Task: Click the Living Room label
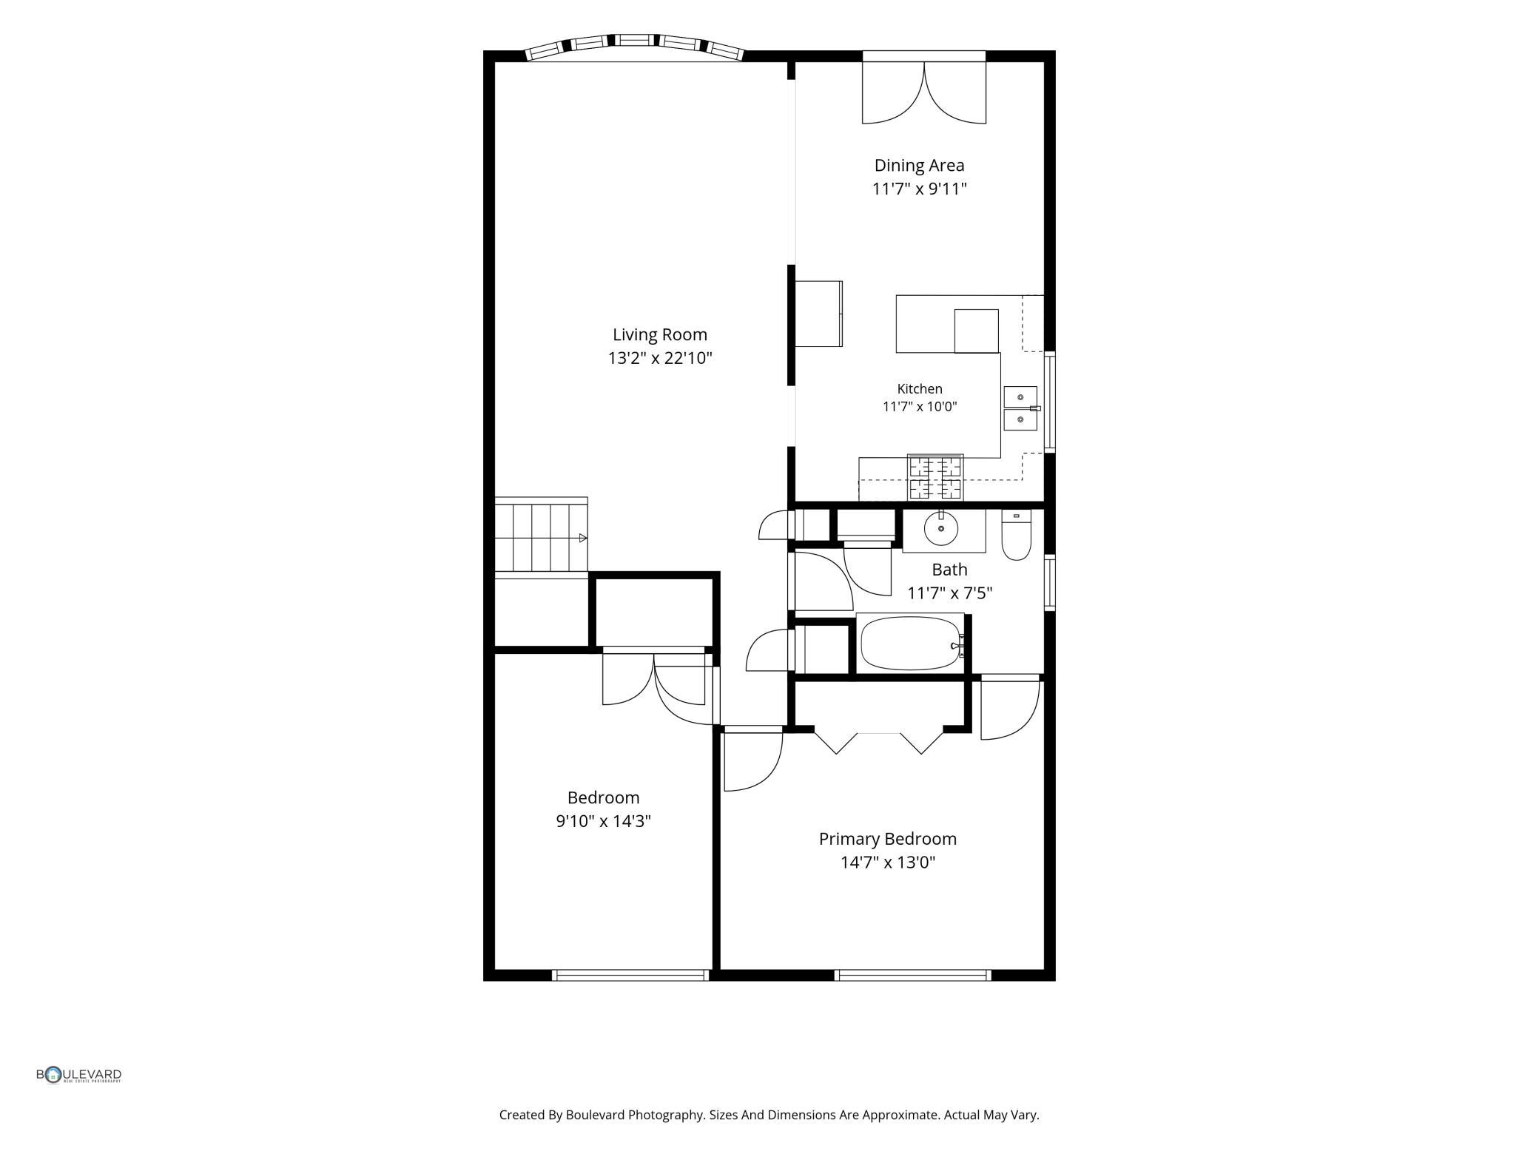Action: coord(659,335)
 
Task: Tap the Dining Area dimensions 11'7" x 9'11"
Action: coord(919,189)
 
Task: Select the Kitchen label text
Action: coord(920,389)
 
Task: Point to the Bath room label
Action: coord(949,570)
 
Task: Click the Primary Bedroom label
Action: coord(887,839)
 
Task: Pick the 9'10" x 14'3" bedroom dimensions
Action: coord(603,821)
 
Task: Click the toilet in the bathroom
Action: coord(1017,535)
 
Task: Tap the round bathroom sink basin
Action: coord(941,529)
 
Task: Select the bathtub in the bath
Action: coord(912,644)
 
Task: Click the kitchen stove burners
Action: coord(936,477)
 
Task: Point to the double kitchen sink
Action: coord(1021,408)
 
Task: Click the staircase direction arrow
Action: coord(583,538)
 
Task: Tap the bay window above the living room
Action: coord(634,47)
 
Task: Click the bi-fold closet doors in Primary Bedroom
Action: coord(879,742)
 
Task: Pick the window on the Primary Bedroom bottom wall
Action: coord(913,976)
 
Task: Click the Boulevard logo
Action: coord(79,1075)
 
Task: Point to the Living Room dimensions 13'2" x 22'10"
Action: coord(660,359)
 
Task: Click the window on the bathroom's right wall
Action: coord(1050,582)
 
